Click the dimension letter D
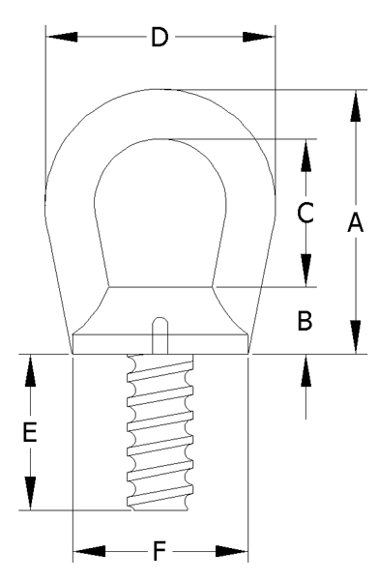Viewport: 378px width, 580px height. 160,37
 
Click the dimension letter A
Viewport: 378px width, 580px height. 356,222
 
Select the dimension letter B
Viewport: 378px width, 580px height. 305,320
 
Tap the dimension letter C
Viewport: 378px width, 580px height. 305,213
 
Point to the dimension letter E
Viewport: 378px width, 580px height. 30,432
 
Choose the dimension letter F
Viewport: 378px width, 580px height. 160,551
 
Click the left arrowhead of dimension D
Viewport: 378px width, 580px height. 62,37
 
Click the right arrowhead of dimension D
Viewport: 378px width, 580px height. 259,37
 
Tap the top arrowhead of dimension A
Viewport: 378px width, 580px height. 356,105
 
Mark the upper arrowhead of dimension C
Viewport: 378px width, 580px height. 305,156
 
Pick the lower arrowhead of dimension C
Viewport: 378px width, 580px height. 305,271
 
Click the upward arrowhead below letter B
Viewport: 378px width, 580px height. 305,370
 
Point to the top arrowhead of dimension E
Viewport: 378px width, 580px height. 30,370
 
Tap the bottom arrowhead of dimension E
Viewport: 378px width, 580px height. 30,494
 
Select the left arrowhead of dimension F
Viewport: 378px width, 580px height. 89,552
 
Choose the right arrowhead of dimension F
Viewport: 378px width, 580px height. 231,552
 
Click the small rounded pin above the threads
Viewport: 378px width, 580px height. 160,335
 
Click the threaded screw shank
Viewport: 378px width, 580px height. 160,432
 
